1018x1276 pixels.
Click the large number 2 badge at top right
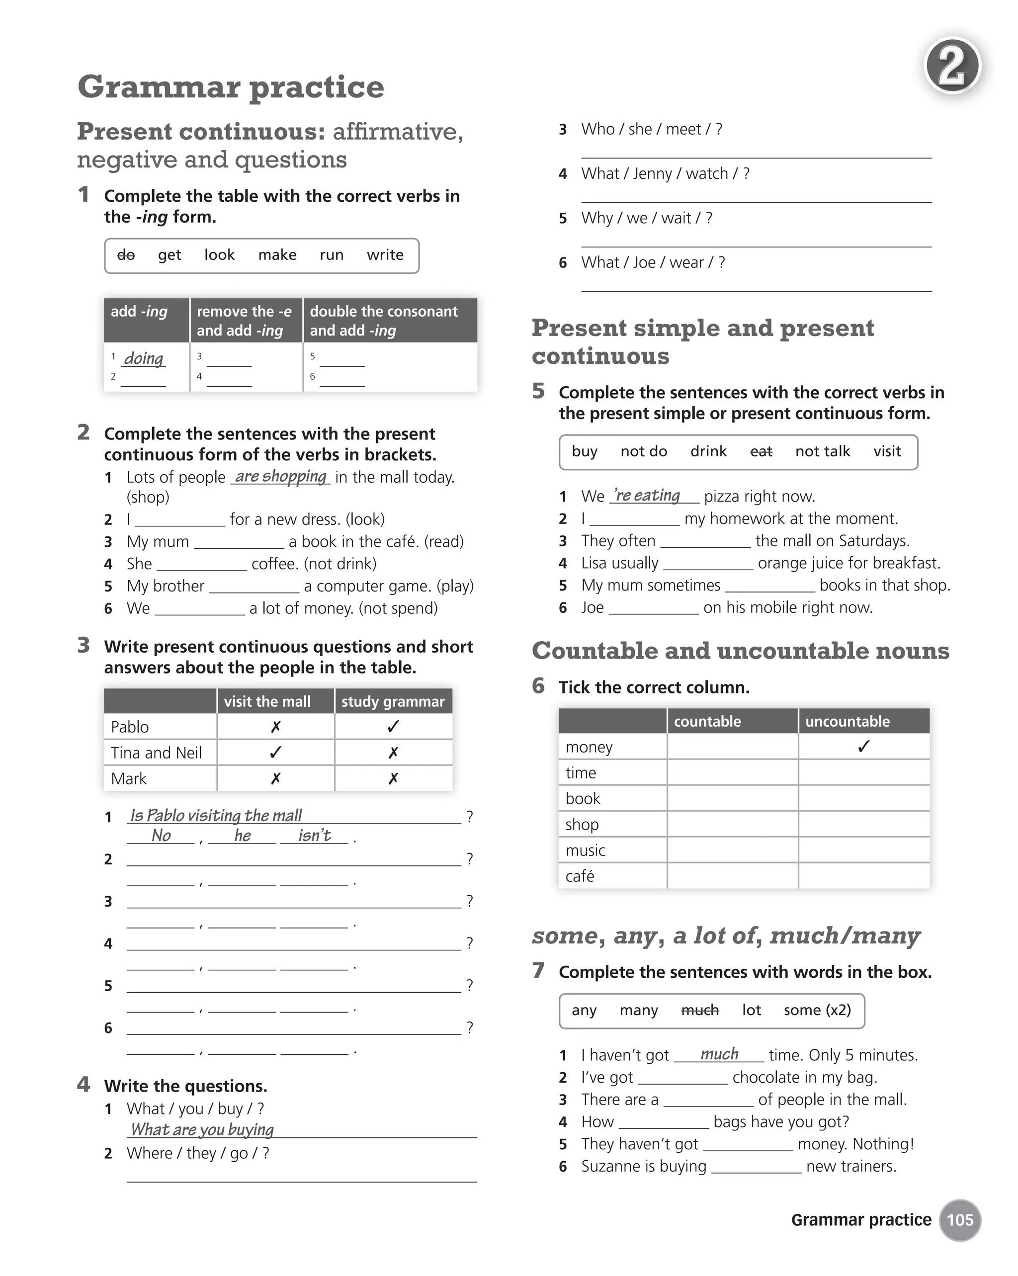(952, 66)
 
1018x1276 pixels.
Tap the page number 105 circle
(959, 1220)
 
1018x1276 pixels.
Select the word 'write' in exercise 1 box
(385, 255)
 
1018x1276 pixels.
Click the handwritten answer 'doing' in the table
(144, 359)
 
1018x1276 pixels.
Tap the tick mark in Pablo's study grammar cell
(393, 726)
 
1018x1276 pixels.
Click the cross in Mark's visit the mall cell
(275, 778)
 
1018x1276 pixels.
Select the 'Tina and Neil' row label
(156, 753)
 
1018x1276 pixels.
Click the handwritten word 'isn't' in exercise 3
(314, 835)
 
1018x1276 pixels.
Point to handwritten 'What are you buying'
(202, 1129)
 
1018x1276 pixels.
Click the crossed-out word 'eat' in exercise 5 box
(761, 451)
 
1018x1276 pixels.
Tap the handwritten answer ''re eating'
(647, 496)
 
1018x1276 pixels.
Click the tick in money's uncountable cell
(863, 746)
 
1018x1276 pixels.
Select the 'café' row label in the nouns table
(580, 876)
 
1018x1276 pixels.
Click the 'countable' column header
(707, 721)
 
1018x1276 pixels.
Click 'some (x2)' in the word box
(817, 1010)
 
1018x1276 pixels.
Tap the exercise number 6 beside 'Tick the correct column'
(538, 686)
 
